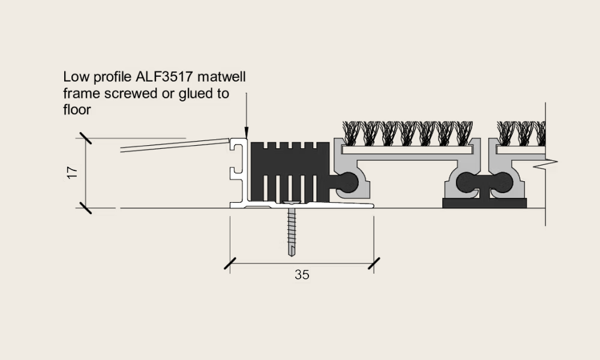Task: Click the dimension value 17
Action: [72, 173]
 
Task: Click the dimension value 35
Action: [302, 275]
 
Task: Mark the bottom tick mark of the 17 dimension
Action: [85, 208]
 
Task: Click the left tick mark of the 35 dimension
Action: [230, 263]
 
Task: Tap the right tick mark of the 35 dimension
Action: [374, 263]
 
